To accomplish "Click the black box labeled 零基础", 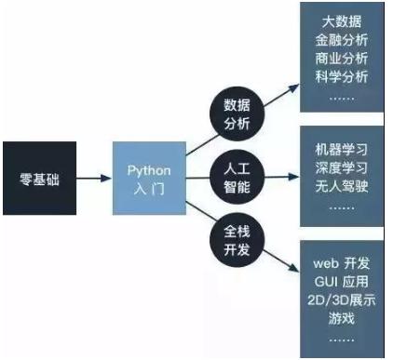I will point(39,179).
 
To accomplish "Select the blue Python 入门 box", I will point(148,179).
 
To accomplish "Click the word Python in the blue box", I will point(148,171).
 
